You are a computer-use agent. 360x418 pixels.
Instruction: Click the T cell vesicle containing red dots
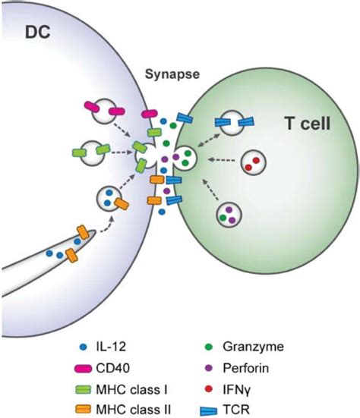[x=254, y=162]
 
